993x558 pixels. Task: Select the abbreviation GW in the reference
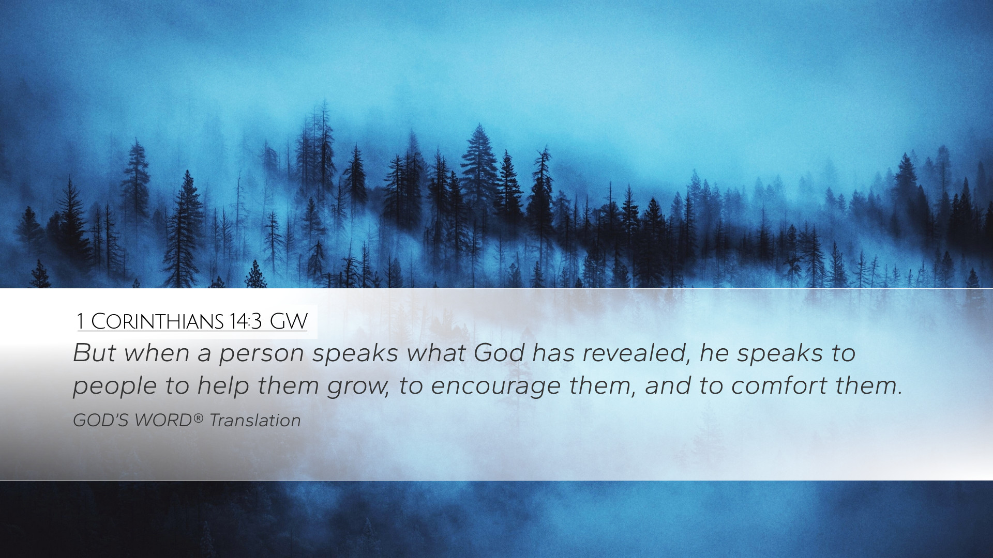[289, 321]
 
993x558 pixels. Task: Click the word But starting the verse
[94, 353]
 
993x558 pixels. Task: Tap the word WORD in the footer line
[163, 421]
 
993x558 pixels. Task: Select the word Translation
[255, 421]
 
